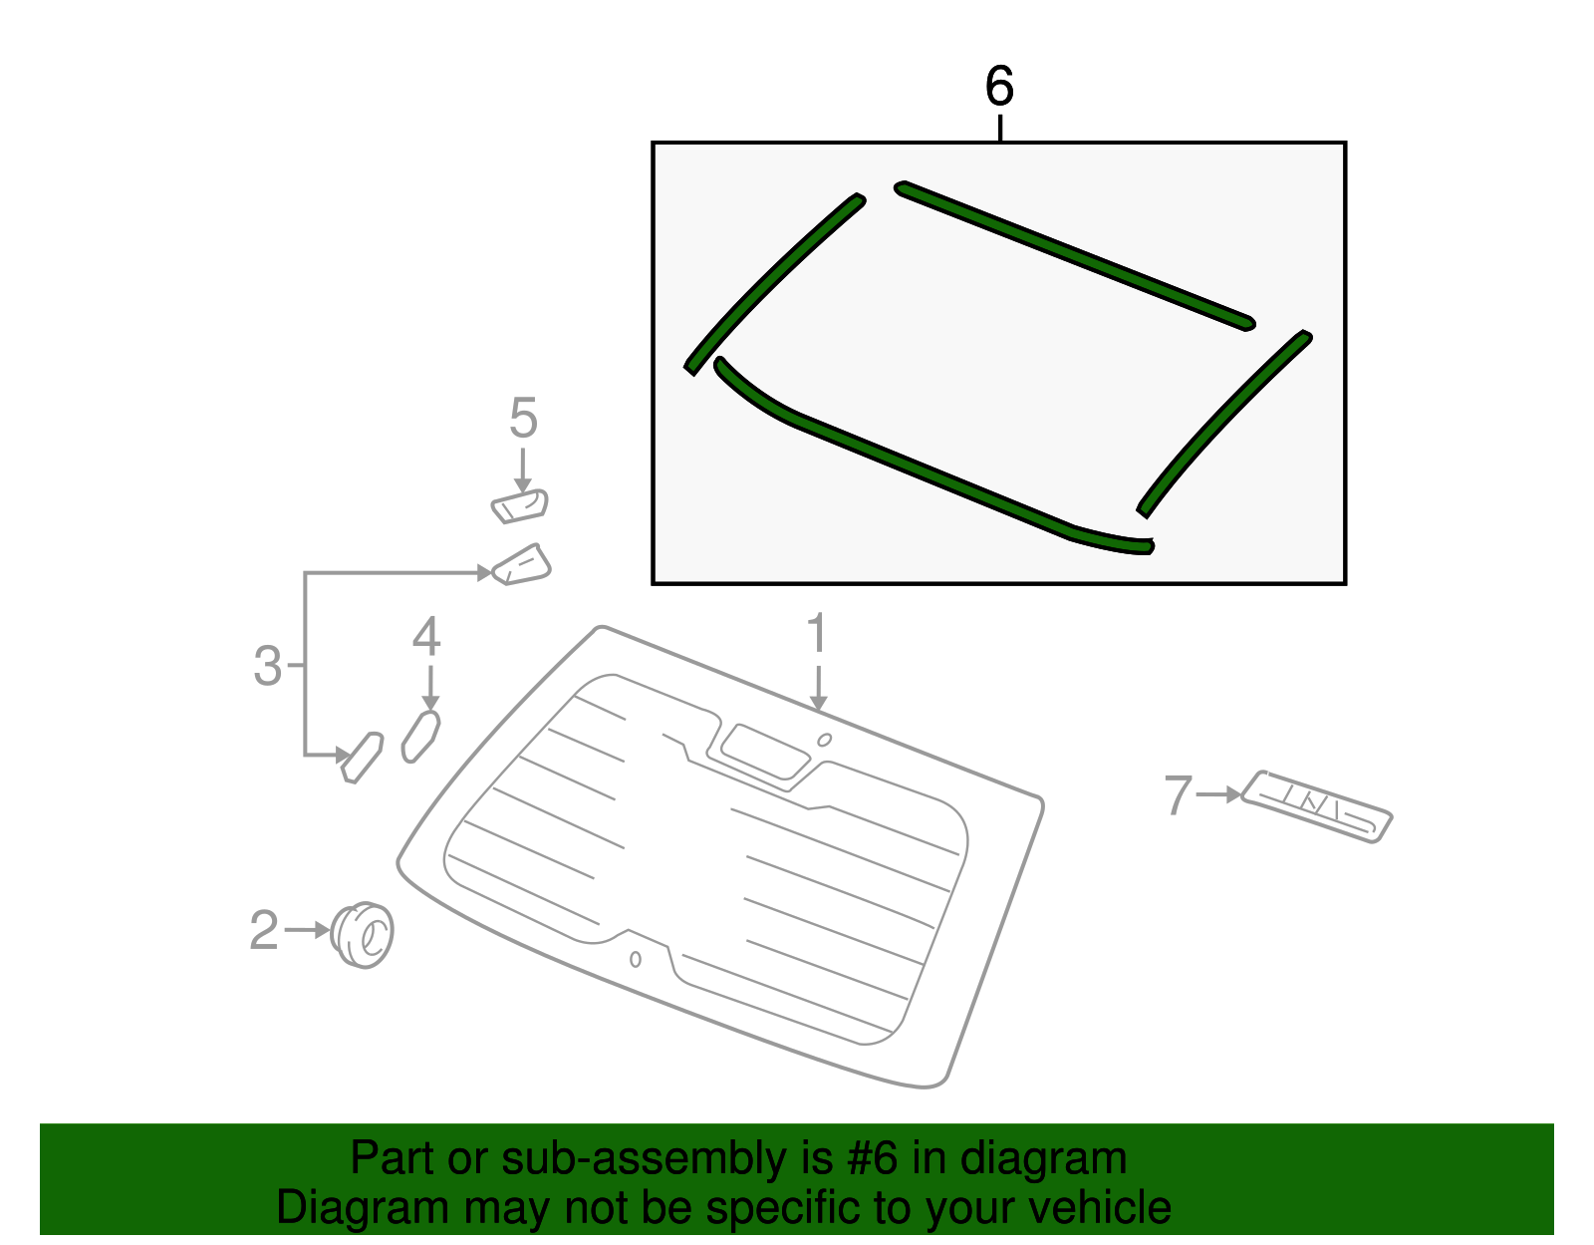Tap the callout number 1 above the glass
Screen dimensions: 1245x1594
tap(817, 635)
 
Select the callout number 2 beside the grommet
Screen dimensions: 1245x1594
tap(264, 930)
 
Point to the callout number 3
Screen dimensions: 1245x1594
tap(268, 666)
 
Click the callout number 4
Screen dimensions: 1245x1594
tap(426, 637)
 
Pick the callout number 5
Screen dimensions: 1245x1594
tap(523, 418)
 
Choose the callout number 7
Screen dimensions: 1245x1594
tap(1178, 795)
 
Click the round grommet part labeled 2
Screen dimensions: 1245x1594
tap(362, 935)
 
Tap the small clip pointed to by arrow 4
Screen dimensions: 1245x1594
tap(420, 736)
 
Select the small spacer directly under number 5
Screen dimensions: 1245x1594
tap(520, 505)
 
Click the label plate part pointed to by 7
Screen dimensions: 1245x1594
tap(1315, 805)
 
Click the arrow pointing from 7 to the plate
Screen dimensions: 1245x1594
tap(1218, 794)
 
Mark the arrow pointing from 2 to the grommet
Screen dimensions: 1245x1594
tap(307, 930)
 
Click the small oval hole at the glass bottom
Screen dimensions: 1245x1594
tap(636, 959)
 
